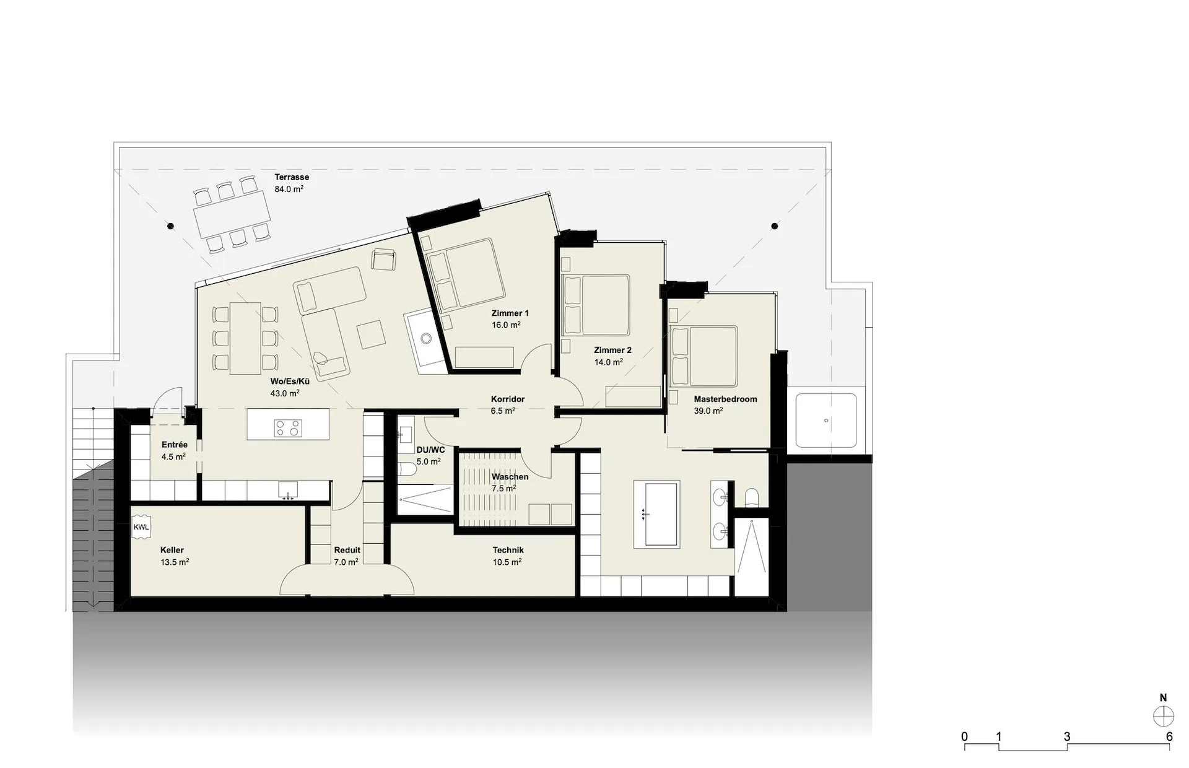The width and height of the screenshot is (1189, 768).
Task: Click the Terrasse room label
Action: coord(292,177)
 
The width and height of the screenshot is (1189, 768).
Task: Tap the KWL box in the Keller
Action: coord(141,527)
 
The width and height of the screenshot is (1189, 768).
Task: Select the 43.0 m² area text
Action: coord(285,393)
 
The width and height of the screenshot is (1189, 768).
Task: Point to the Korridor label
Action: coord(508,399)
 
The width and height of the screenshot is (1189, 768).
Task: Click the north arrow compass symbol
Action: coord(1163,716)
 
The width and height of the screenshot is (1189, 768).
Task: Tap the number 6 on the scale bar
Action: coord(1169,737)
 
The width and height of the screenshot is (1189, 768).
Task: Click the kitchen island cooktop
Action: coord(288,428)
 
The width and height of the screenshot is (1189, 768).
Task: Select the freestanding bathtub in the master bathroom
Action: coord(656,513)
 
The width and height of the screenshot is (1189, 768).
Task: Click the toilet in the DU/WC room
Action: coord(407,470)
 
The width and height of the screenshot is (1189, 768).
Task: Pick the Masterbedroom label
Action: coord(725,399)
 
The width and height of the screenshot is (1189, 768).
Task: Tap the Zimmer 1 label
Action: coord(510,313)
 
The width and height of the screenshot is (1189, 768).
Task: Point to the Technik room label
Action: coord(508,550)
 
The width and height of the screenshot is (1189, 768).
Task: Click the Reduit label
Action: coord(347,550)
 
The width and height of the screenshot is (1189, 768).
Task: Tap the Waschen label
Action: coord(510,477)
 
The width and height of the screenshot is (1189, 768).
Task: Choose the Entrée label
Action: coord(174,445)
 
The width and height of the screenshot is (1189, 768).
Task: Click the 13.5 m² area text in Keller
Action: coord(174,562)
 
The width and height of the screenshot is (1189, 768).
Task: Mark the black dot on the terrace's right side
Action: coord(775,227)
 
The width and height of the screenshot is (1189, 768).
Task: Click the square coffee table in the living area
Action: coord(372,334)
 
